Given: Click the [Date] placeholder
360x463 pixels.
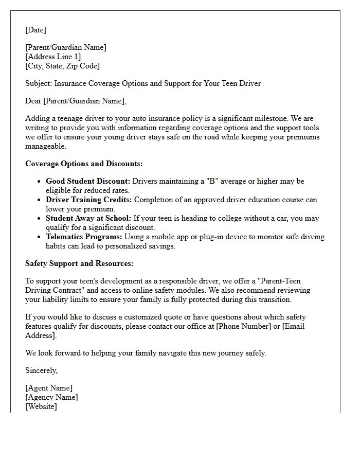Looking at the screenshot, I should (35, 30).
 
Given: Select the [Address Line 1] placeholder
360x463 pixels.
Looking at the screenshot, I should (53, 57).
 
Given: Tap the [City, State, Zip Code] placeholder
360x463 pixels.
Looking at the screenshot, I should (62, 66).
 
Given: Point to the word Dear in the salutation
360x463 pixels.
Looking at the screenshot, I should (33, 101).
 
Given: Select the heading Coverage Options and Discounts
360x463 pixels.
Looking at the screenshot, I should (84, 164).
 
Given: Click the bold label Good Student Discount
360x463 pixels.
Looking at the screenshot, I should (88, 181).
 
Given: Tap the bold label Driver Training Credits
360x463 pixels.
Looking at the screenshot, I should (88, 200).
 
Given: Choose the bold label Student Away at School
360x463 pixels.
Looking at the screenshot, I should (88, 218).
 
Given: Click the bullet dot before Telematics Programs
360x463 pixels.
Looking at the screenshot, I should (40, 237).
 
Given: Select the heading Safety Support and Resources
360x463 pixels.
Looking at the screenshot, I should (79, 263).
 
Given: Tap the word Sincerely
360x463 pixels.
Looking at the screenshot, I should (41, 370).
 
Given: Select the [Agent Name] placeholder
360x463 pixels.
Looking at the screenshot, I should (49, 388).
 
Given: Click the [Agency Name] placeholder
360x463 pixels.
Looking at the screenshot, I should (51, 397).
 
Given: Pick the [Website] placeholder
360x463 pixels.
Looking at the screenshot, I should (41, 406).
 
